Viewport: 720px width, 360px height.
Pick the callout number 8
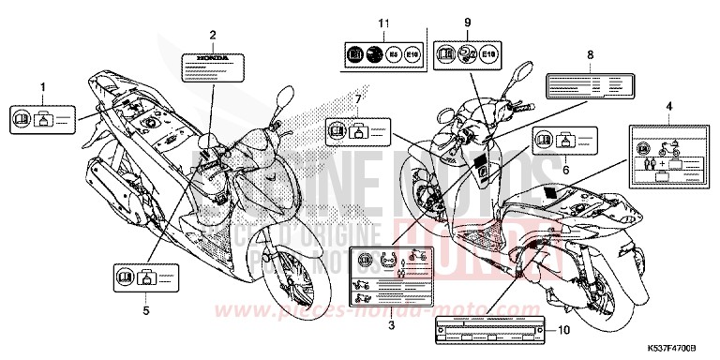point(591,55)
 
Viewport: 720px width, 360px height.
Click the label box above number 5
point(136,277)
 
